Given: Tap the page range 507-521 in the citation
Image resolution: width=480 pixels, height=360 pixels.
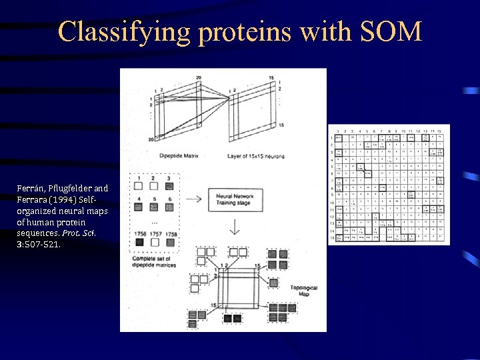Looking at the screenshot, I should [x=41, y=245].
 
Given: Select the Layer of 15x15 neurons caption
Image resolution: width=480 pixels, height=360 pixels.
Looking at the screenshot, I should [x=257, y=157].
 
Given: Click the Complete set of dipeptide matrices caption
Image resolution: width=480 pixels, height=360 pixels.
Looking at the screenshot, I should [x=155, y=261].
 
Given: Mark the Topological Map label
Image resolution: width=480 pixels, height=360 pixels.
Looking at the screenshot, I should [x=303, y=291].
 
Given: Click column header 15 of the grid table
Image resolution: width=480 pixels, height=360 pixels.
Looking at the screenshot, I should [x=441, y=131].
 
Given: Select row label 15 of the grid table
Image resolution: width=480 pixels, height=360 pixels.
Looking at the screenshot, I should [x=331, y=237].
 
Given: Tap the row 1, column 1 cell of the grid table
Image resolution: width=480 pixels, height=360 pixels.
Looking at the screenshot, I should [x=339, y=137].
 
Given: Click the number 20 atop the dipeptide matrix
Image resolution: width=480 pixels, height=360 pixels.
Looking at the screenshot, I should [x=199, y=78].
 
